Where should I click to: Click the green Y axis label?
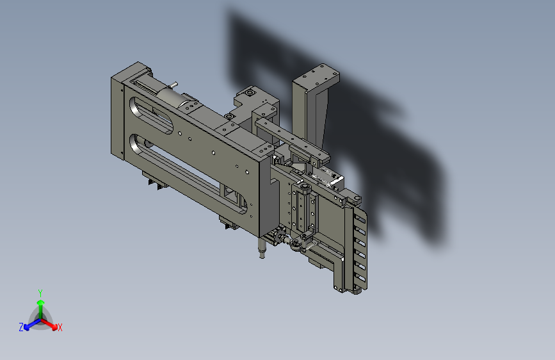pyautogui.click(x=40, y=293)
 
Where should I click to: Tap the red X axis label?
pyautogui.click(x=60, y=327)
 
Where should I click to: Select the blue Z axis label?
pyautogui.click(x=21, y=327)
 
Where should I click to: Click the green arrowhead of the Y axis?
pyautogui.click(x=41, y=303)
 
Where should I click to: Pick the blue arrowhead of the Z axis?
pyautogui.click(x=26, y=327)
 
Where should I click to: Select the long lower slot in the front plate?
pyautogui.click(x=188, y=174)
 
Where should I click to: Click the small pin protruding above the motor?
pyautogui.click(x=173, y=85)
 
